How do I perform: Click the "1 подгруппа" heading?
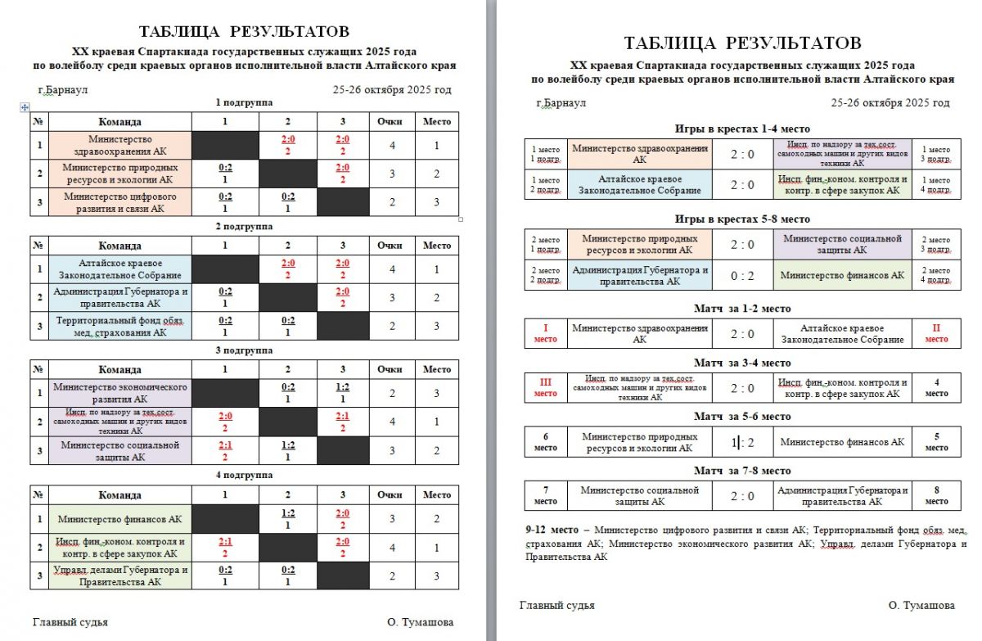point(244,102)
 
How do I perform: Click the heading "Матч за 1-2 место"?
point(742,308)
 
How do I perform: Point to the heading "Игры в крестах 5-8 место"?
point(742,219)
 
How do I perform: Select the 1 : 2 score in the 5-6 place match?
point(743,442)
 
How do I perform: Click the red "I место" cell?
point(545,333)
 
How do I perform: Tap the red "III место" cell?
point(545,388)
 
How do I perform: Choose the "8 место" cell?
point(936,496)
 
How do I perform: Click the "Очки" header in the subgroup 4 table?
point(390,494)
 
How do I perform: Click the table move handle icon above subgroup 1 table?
point(25,107)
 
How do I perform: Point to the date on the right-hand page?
point(890,103)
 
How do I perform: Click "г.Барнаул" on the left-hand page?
point(63,90)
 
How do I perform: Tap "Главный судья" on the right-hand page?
point(556,606)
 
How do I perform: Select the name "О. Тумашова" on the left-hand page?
point(421,622)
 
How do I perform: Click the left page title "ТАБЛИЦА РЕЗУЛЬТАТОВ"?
point(244,32)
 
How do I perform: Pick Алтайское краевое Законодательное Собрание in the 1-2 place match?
point(843,333)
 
